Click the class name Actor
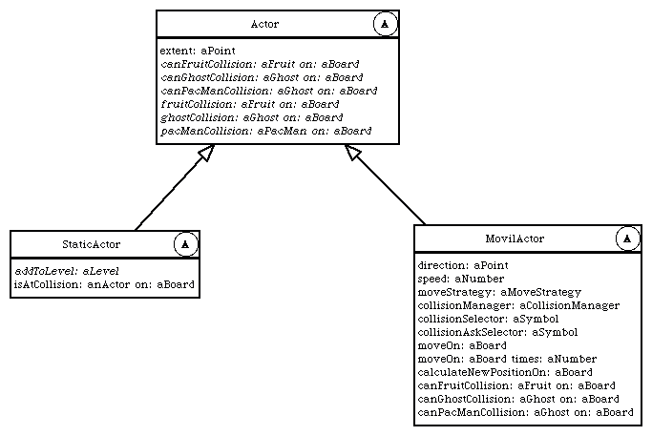(264, 24)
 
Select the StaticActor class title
(92, 244)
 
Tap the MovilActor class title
(515, 239)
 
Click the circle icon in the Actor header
(385, 24)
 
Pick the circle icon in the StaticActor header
(185, 244)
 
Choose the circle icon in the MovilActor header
(627, 239)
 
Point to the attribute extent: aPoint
(198, 51)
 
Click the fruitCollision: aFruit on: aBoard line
(250, 104)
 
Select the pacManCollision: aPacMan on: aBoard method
(266, 131)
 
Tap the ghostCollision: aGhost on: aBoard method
(252, 117)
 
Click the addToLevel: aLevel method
(67, 271)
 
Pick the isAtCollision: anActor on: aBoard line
(104, 284)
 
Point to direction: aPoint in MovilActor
(463, 265)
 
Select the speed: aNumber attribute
(461, 279)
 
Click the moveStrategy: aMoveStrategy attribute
(499, 292)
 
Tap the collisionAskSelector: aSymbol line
(497, 332)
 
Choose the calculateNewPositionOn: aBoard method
(505, 372)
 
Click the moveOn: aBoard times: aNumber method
(507, 359)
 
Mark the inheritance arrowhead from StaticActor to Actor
(206, 153)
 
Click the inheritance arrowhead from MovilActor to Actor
(352, 152)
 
